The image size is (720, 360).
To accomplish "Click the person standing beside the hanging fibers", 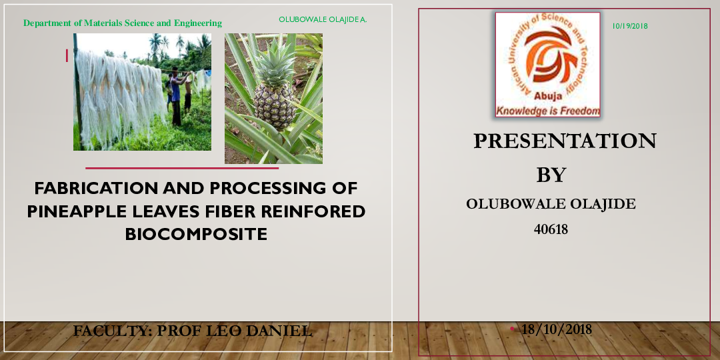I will (x=176, y=97).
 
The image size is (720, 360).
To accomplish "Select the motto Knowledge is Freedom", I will (x=547, y=111).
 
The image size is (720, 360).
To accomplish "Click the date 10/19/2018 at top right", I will (x=629, y=26).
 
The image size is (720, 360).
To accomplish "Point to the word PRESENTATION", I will (x=565, y=141).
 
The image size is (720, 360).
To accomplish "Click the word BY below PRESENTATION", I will (x=551, y=175).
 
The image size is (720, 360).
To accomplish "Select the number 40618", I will (x=551, y=229).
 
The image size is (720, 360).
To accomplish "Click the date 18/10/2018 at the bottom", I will (x=557, y=329).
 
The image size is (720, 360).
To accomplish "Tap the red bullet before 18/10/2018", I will (x=512, y=329).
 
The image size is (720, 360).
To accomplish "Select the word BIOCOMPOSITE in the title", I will (x=196, y=235).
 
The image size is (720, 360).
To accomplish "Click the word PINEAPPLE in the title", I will (x=74, y=211).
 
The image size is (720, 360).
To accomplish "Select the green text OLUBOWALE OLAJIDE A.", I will (x=323, y=19).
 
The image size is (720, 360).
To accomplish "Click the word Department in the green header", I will (x=47, y=23).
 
